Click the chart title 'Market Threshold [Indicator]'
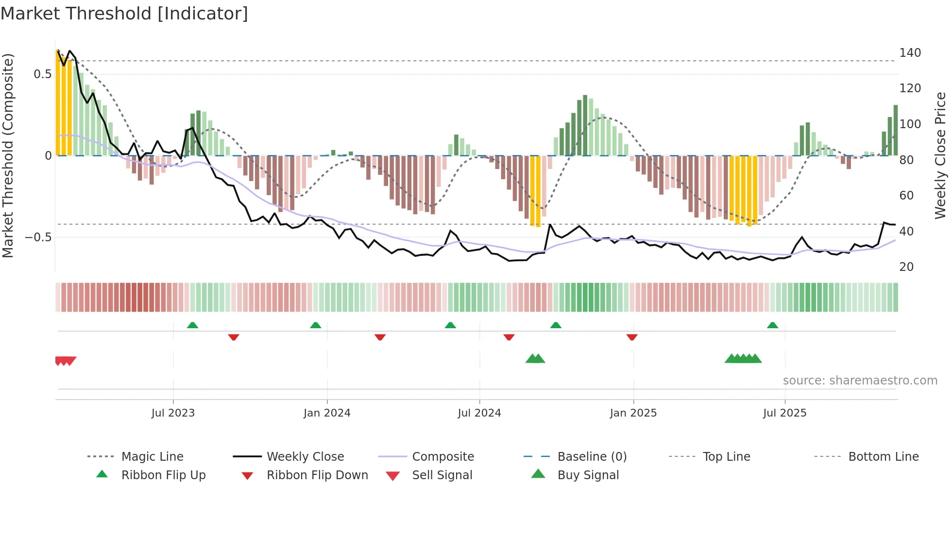click(124, 14)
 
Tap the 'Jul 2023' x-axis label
click(173, 413)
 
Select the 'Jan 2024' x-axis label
click(327, 413)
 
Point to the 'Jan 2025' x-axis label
click(633, 413)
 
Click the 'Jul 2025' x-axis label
click(784, 413)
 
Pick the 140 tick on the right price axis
click(910, 52)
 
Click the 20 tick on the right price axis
click(906, 267)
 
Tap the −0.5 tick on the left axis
click(38, 237)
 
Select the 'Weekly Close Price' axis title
click(940, 155)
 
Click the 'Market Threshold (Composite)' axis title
click(8, 155)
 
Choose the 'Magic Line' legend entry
click(152, 457)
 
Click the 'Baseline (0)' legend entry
click(592, 457)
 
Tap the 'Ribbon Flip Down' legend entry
click(317, 475)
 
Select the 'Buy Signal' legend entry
click(588, 475)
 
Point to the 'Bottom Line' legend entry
click(883, 457)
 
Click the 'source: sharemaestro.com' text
click(860, 381)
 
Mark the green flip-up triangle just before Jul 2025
click(772, 325)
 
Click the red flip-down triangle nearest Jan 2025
click(632, 337)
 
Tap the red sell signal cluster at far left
click(65, 361)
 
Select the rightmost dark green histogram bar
click(896, 130)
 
